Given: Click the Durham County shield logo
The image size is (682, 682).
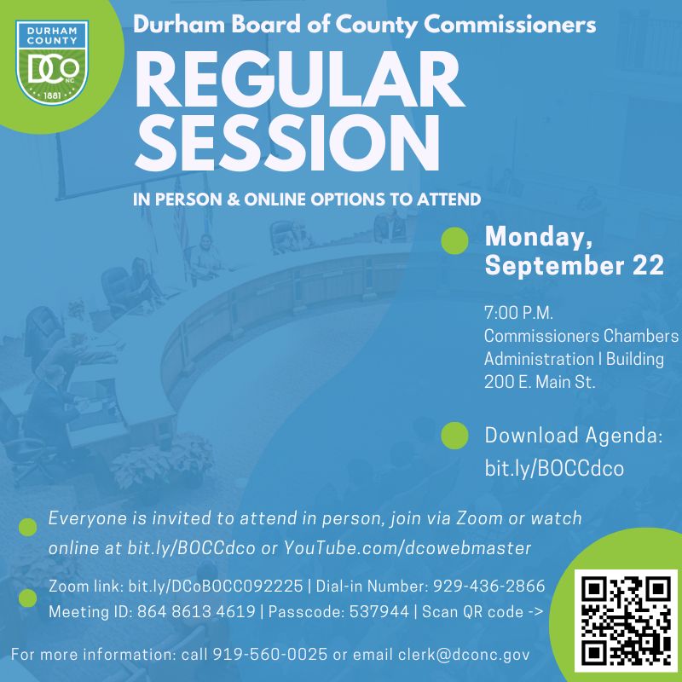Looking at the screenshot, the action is pos(52,62).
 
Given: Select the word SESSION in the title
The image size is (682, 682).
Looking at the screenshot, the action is pos(287,143).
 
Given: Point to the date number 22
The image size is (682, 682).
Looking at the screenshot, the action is pos(648,265).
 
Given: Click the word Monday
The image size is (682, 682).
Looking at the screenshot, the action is pos(539,238).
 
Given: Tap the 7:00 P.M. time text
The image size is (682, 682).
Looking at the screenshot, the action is pos(518,313).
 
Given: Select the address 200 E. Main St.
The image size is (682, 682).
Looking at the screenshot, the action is pos(540,382).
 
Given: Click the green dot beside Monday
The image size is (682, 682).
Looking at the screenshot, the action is pos(454,240).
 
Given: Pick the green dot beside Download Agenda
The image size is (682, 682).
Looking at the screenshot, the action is pos(454,436).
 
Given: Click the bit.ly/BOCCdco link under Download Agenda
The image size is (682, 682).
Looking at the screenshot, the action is pos(554,468).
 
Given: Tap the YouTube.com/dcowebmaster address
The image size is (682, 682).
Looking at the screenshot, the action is pos(407,548).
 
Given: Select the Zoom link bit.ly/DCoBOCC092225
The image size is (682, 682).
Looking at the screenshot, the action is pos(216,587).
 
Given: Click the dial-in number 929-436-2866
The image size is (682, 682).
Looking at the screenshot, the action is pos(488,587).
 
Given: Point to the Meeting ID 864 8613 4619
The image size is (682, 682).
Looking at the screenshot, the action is pos(196,611).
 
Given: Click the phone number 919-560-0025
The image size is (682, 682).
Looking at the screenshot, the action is pos(269,654).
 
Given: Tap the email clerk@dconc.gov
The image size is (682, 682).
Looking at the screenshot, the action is pos(464,655).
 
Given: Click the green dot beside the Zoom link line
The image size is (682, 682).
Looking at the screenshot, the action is pos(27,598).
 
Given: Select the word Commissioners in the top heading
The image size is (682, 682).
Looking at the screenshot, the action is pos(510,25).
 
